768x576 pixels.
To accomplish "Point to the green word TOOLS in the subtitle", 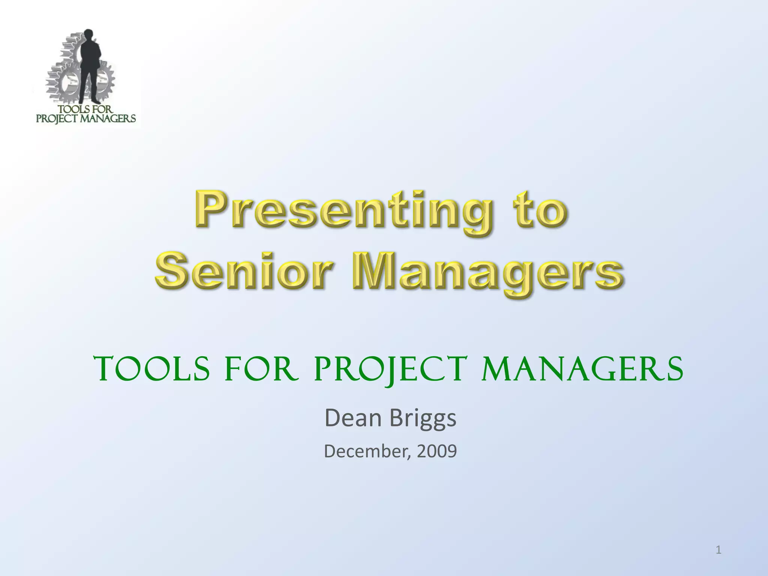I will pyautogui.click(x=151, y=369).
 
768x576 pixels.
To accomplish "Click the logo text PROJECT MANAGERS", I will pyautogui.click(x=86, y=119).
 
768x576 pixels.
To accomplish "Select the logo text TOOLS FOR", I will pyautogui.click(x=85, y=109).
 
